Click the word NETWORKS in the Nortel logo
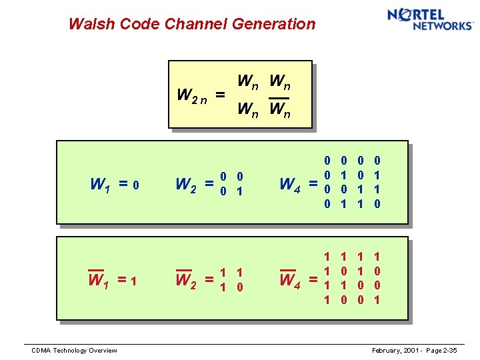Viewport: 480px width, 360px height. pyautogui.click(x=442, y=26)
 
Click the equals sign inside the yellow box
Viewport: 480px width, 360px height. pyautogui.click(x=219, y=95)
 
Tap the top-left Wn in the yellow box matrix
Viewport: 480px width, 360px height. pyautogui.click(x=249, y=82)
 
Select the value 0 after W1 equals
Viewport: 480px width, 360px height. pyautogui.click(x=135, y=184)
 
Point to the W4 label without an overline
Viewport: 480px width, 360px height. pyautogui.click(x=290, y=183)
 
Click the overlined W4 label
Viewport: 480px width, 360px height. pyautogui.click(x=290, y=280)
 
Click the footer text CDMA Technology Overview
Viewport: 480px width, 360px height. pyautogui.click(x=74, y=351)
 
